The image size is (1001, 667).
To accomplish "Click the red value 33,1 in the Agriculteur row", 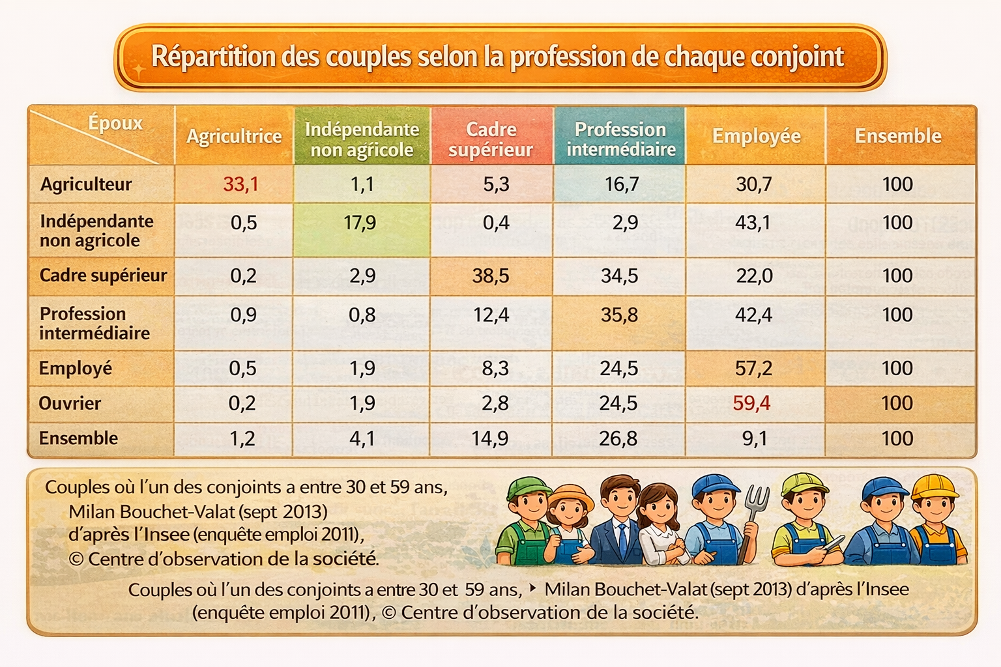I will pos(240,184).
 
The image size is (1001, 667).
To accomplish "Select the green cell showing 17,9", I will pos(360,223).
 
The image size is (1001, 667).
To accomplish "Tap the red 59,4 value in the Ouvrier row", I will pos(751,403).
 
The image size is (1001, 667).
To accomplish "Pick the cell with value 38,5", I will pos(491,276).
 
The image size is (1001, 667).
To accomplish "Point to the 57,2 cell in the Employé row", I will pos(753,369).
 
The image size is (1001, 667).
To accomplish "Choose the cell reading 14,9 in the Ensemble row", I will pos(490,438).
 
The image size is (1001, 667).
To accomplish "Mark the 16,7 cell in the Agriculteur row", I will pos(622,184).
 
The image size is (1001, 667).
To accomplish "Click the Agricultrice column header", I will pos(234,137).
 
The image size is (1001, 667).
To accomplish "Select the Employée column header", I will pos(756,136).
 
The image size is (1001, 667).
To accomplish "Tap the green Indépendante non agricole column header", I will pos(362,139).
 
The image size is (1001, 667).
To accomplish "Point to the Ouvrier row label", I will pos(70,403).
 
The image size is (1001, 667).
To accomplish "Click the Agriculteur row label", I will pos(86,184).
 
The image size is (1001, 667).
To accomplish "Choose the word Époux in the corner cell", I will pos(115,123).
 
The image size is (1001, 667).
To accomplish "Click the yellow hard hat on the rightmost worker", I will pos(935,486).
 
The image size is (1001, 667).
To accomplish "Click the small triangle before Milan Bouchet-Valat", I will pos(532,588).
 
